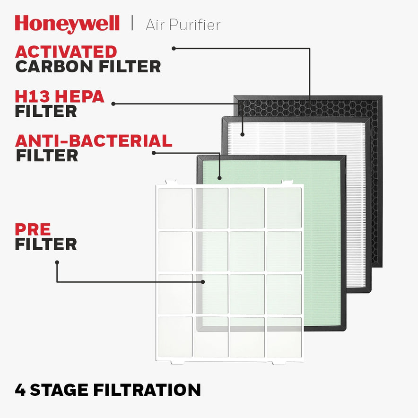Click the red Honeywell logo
tap(67, 24)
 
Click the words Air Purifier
tap(183, 25)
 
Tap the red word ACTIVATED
tap(66, 51)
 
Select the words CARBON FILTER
tap(88, 66)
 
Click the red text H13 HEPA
tap(60, 96)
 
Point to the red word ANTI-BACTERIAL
tap(94, 140)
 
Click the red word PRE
tap(33, 229)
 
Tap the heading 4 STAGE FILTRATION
tap(108, 390)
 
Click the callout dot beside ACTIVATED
tap(174, 48)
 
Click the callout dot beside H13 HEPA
tap(113, 103)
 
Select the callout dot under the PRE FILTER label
tap(57, 262)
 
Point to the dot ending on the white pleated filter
tap(242, 134)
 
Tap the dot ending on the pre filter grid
tap(203, 281)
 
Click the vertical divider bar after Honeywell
tap(132, 24)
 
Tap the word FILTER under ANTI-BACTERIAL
tap(47, 156)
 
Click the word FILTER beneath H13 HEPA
tap(45, 111)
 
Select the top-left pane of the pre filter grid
tap(175, 208)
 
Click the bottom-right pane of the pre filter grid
tap(284, 337)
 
